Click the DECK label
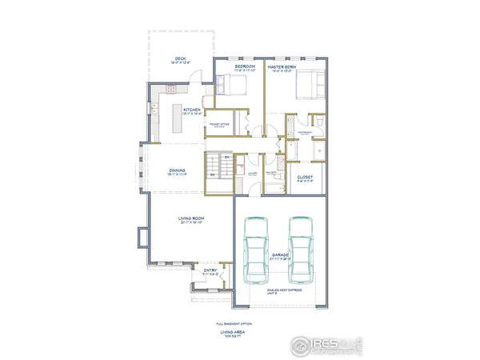point(180,58)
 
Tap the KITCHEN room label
point(192,110)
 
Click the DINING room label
point(178,170)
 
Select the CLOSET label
point(305,178)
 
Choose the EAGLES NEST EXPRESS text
point(280,294)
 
